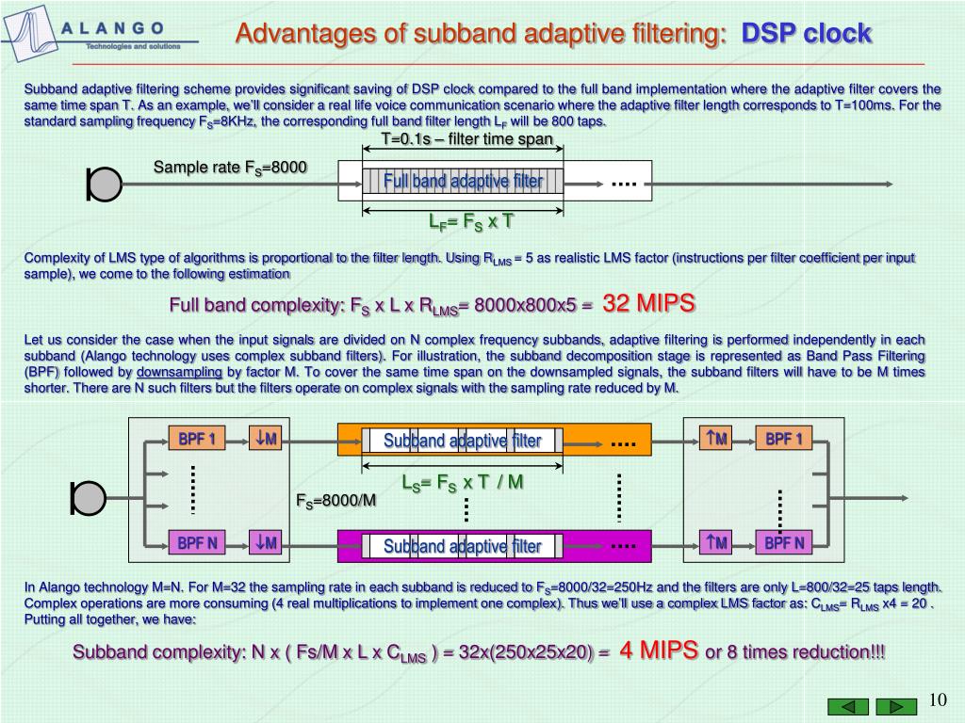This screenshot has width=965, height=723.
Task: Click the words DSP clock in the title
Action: (x=807, y=34)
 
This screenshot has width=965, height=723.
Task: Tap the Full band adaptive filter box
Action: (x=463, y=181)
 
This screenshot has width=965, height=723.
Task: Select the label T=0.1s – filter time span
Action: (x=466, y=140)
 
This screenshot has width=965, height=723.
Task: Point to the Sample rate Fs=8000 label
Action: (x=230, y=168)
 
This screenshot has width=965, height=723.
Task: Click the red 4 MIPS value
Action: (x=659, y=650)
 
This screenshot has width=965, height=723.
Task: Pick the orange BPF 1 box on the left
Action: (x=197, y=439)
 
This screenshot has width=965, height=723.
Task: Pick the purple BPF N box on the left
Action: (x=197, y=542)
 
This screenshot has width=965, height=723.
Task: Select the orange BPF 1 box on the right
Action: (x=783, y=439)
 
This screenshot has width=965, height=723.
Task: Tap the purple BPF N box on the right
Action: (x=783, y=542)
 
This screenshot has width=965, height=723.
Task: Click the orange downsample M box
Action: (x=265, y=439)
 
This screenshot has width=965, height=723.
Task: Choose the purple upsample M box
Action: (x=715, y=542)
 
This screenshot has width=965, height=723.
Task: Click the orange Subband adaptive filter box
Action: (x=462, y=441)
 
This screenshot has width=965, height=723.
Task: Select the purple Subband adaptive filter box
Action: (x=462, y=546)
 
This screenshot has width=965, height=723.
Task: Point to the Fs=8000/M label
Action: (x=335, y=500)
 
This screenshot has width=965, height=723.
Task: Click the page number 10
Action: (x=937, y=699)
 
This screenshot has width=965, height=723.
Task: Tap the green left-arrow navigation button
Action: (x=848, y=707)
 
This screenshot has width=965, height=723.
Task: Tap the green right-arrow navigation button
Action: (x=895, y=707)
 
